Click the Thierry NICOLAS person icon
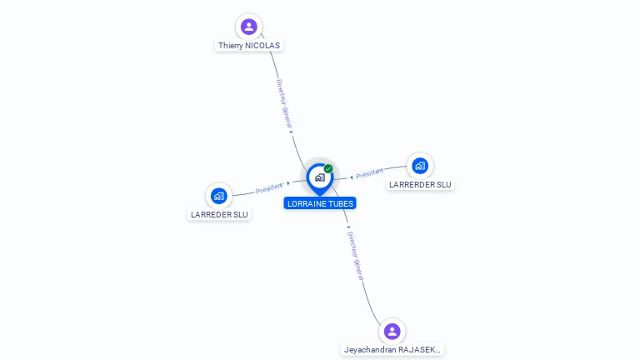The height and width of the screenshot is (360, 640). [248, 27]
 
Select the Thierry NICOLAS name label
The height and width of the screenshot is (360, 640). [249, 46]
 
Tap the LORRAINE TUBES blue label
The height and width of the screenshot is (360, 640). [320, 203]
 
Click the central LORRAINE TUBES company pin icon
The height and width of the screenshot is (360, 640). [319, 177]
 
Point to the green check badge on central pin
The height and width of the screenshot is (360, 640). [328, 168]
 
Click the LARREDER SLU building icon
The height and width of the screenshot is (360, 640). [218, 196]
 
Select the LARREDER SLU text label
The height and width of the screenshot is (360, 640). [219, 215]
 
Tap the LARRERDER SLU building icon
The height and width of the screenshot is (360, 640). [420, 165]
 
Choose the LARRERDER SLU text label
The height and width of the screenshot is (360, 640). [420, 184]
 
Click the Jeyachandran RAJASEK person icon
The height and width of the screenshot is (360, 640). [392, 331]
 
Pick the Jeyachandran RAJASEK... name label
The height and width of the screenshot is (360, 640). [392, 350]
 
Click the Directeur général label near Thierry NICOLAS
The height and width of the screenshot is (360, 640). [284, 104]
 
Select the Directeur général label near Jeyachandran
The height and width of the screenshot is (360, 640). [354, 255]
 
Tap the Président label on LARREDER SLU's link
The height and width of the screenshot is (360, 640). [269, 187]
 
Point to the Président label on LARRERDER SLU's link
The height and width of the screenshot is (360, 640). [369, 173]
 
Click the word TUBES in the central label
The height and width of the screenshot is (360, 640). [339, 203]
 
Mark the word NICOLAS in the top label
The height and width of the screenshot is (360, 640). [263, 46]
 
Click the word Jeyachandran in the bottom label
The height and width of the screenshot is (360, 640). [370, 350]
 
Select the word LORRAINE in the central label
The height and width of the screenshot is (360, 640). [305, 203]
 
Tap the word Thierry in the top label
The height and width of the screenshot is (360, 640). [231, 46]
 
